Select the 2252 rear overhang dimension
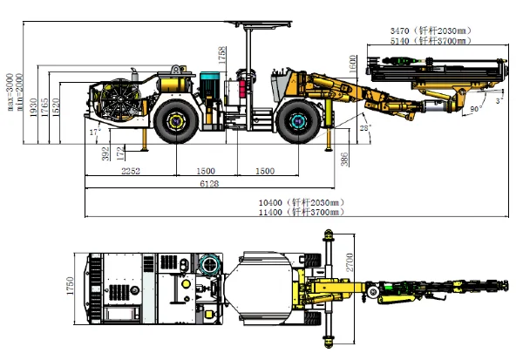point(131,170)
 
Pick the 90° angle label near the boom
point(474,109)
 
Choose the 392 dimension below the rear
point(105,153)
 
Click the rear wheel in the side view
point(180,119)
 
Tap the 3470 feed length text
point(433,31)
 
